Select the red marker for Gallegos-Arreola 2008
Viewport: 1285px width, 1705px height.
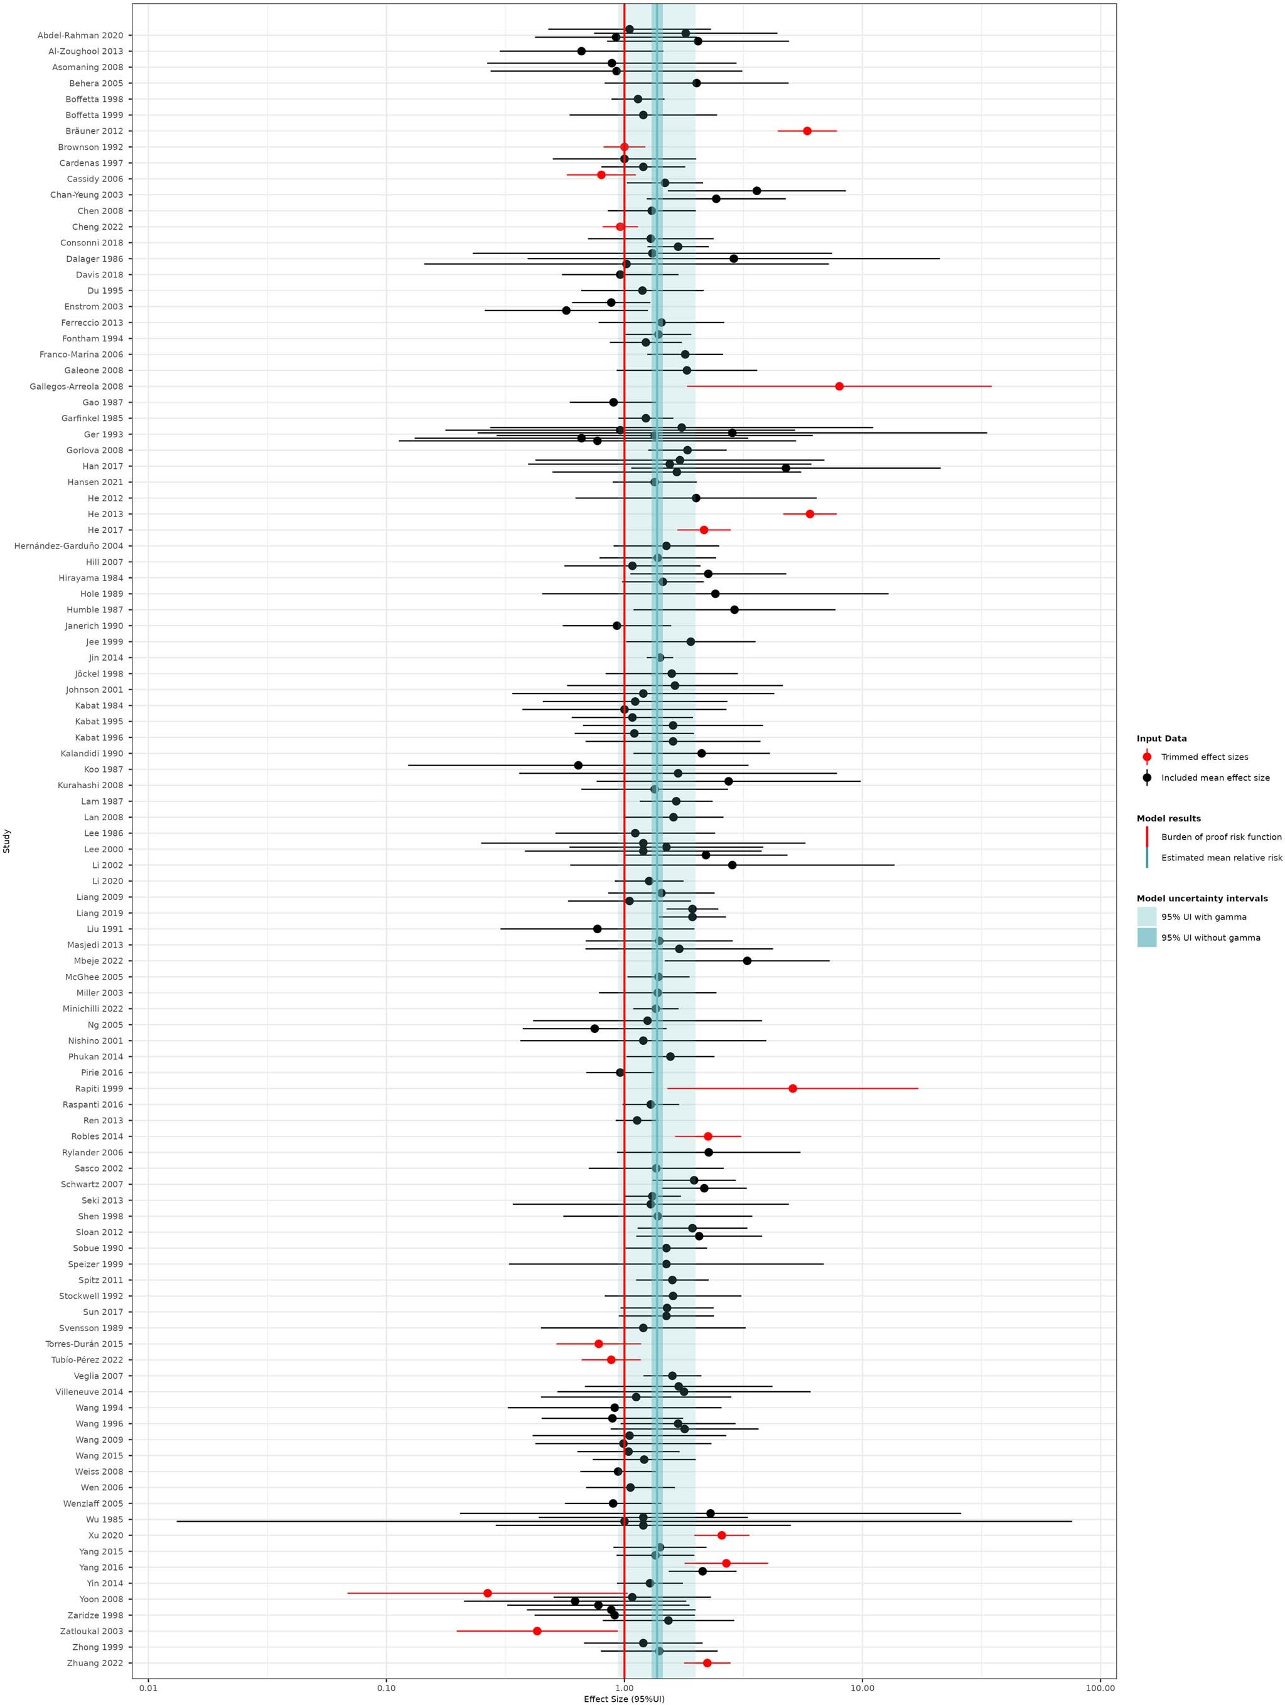[839, 386]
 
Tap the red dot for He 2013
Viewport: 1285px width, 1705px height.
[809, 514]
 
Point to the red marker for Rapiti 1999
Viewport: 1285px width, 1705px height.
[792, 1088]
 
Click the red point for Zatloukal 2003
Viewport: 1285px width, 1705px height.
[537, 1631]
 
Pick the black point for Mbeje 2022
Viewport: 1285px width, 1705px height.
[747, 960]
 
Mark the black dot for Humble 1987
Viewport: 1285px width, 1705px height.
[734, 610]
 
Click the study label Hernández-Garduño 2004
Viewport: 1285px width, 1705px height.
[68, 546]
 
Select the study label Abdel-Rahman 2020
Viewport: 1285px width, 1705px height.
[80, 36]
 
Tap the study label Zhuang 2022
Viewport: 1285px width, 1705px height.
[95, 1662]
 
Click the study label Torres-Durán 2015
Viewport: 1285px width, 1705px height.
[84, 1344]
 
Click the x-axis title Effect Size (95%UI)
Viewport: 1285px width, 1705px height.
[623, 1699]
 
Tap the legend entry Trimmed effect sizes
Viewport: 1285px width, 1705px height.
[1204, 757]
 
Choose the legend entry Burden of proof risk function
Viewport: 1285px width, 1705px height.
[1221, 837]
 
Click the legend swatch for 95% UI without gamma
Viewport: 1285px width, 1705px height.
[1146, 938]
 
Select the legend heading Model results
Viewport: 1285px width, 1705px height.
[1168, 818]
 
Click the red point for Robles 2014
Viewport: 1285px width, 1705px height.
[707, 1136]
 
